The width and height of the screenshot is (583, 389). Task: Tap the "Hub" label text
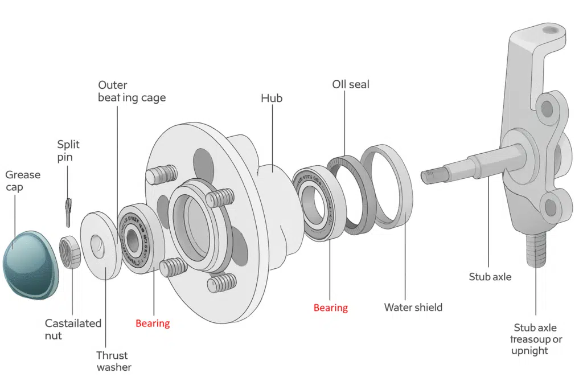pos(272,99)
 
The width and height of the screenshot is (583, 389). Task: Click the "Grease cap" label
pos(23,181)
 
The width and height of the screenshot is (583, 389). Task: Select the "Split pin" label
pos(68,151)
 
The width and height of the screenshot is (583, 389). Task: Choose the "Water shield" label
pos(413,308)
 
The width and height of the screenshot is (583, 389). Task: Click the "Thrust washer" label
pos(113,361)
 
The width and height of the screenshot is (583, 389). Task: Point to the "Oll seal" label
pos(351,84)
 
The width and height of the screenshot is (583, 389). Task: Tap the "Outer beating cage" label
pos(132,91)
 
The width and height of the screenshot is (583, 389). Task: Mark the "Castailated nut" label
pos(73,329)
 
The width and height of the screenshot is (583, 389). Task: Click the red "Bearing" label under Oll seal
pos(330,308)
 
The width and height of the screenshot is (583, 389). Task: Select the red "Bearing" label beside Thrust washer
pos(153,324)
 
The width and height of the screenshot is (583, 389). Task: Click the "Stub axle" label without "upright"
pos(490,277)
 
